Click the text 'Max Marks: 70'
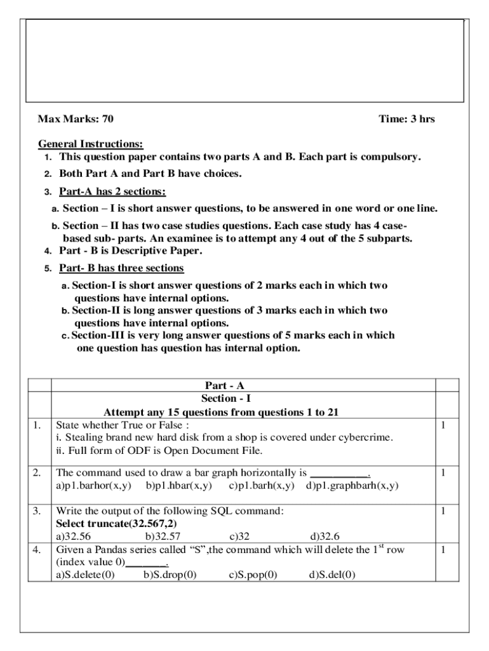click(76, 119)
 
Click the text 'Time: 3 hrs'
click(406, 119)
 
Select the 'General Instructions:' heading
click(90, 144)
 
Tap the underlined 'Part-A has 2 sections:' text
click(112, 191)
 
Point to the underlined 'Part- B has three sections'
click(121, 268)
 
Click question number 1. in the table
click(37, 425)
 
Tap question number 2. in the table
click(37, 472)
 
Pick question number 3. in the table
click(37, 511)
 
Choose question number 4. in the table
click(37, 549)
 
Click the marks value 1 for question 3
click(444, 511)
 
